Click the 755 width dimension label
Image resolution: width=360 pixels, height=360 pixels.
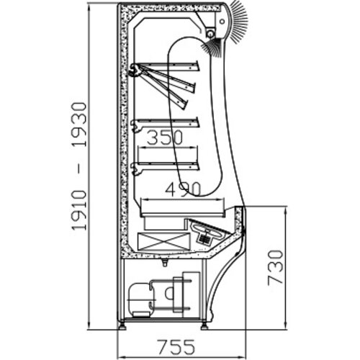(176, 346)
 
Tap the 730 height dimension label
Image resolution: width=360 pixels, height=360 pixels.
(275, 267)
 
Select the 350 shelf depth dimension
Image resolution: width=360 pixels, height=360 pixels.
(165, 138)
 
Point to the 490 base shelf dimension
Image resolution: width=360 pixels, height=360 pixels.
(182, 189)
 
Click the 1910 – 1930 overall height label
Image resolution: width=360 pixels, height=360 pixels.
(78, 166)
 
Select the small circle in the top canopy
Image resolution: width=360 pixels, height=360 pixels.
(222, 22)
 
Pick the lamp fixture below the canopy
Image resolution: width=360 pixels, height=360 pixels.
(211, 32)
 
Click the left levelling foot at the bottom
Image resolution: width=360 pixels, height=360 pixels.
(122, 326)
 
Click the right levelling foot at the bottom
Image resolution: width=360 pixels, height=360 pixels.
(204, 326)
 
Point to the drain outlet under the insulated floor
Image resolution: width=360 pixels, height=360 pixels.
(164, 263)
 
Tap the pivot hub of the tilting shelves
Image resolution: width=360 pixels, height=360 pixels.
(135, 70)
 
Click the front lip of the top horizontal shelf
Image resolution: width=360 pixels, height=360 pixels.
(197, 66)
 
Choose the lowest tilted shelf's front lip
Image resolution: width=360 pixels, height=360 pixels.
(185, 104)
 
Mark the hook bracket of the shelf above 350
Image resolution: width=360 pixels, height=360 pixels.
(136, 126)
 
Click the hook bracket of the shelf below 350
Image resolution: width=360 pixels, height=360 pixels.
(136, 168)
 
